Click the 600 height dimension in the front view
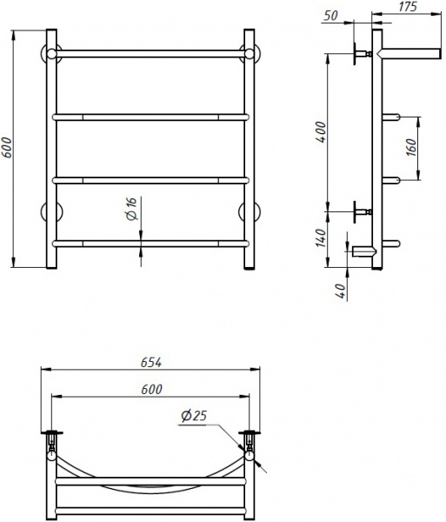pyautogui.click(x=8, y=149)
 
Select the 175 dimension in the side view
pyautogui.click(x=409, y=8)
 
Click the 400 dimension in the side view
pyautogui.click(x=321, y=133)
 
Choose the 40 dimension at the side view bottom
pyautogui.click(x=342, y=289)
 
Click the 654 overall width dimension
pyautogui.click(x=150, y=361)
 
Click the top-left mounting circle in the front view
pyautogui.click(x=50, y=51)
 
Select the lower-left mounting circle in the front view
pyautogui.click(x=50, y=212)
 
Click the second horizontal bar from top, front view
pyautogui.click(x=151, y=116)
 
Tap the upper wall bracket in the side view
pyautogui.click(x=358, y=54)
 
